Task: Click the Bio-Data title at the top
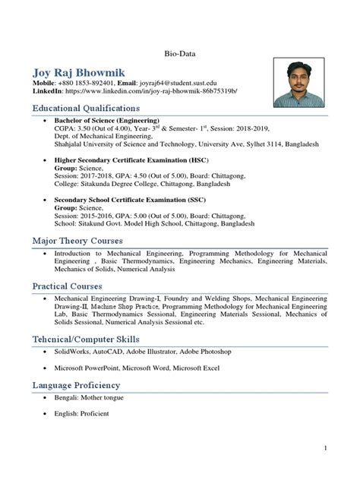(x=179, y=54)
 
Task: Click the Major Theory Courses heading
(x=79, y=241)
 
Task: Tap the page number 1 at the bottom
(x=324, y=450)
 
